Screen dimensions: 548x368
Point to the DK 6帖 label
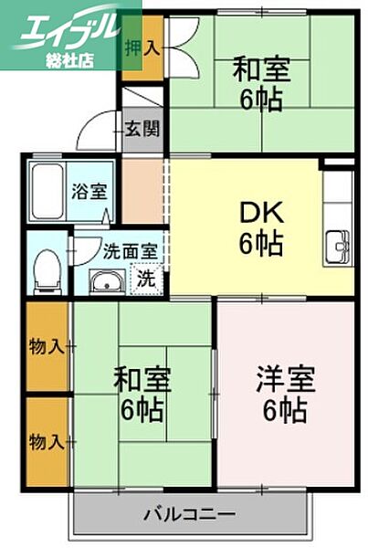(x=261, y=228)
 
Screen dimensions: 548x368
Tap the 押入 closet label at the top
(x=142, y=47)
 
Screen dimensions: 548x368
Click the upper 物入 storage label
(x=46, y=346)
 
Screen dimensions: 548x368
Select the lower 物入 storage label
(x=46, y=441)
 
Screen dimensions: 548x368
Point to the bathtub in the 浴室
(x=47, y=192)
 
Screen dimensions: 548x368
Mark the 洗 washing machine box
(x=146, y=279)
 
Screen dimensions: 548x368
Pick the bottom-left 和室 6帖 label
(x=142, y=393)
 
